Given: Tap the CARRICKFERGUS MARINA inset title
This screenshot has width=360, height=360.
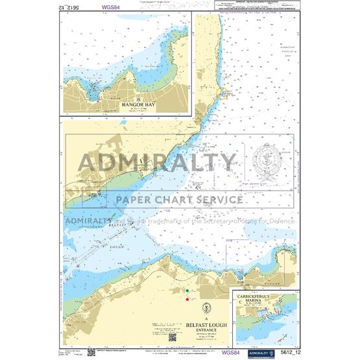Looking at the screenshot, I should pos(260,304).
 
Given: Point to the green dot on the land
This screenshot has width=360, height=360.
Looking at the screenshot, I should pos(187,291).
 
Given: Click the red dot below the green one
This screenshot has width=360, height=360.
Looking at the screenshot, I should pos(187,299).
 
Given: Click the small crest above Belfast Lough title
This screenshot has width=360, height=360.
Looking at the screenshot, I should pos(206,306).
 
